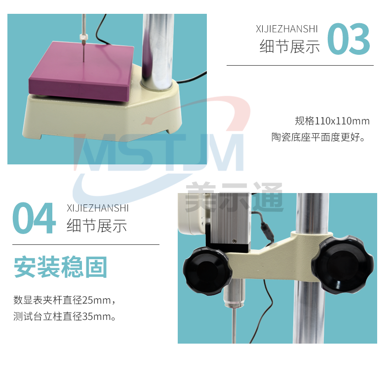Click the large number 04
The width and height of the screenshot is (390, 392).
pos(34,218)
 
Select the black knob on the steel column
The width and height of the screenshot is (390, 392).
pos(343,265)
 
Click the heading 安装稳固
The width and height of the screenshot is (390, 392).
pos(61,267)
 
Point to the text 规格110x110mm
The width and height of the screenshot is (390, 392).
pos(332,121)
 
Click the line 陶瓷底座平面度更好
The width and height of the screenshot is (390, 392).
pos(318,137)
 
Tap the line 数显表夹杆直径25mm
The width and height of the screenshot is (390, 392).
pos(64,300)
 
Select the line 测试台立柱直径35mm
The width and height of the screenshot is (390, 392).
pos(65,316)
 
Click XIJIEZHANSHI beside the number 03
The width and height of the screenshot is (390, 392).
pos(286,29)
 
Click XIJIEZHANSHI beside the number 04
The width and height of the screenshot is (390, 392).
pos(98,208)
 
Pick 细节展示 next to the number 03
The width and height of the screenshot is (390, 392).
pos(290,46)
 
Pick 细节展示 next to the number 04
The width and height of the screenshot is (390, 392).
pos(97,226)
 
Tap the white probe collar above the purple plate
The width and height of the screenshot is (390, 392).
pos(84,37)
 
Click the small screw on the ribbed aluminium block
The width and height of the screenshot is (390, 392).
pos(234,241)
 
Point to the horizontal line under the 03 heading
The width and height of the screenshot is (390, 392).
pos(300,66)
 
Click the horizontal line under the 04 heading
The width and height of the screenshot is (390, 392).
pos(86,244)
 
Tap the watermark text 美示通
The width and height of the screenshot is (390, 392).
pos(234,197)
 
